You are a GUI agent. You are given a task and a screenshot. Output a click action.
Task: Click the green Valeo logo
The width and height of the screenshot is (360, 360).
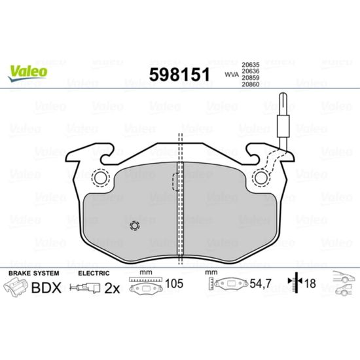click(27, 73)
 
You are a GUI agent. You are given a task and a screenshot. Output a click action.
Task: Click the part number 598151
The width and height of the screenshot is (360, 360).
click(179, 75)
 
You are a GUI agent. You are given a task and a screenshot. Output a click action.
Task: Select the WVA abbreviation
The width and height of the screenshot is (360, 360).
click(232, 75)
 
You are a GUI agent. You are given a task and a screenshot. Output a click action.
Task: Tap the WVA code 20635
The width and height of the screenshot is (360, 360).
click(250, 65)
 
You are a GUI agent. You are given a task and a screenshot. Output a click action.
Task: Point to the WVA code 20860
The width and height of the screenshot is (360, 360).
click(250, 84)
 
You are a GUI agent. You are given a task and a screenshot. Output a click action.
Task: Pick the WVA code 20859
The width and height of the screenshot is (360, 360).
click(250, 78)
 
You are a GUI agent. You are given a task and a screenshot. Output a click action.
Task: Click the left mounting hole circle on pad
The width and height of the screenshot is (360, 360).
click(101, 177)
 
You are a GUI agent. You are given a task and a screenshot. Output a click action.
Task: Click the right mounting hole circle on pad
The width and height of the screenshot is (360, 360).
click(261, 177)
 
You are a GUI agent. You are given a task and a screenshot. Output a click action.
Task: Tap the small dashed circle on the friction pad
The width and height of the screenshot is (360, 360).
click(135, 226)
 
